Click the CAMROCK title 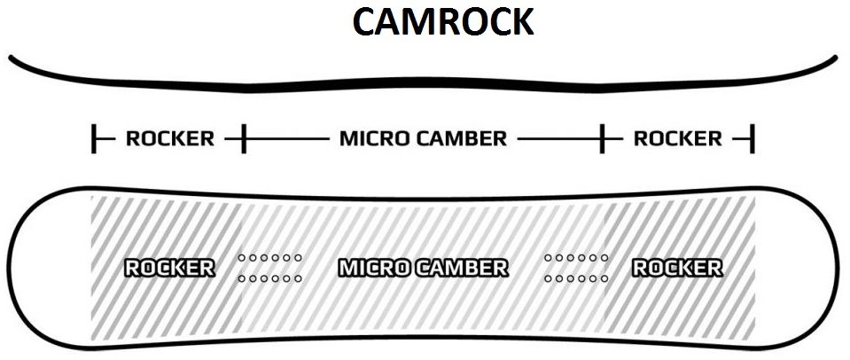pos(442,22)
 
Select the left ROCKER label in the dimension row pos(169,139)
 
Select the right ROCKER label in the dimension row pos(677,139)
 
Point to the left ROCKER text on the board pos(169,268)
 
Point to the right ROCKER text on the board pos(677,268)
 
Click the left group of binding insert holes pos(269,268)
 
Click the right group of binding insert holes pos(576,268)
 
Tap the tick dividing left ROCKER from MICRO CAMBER pos(244,139)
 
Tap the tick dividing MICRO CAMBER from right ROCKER pos(603,139)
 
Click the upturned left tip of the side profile pos(12,59)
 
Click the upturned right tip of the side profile pos(833,59)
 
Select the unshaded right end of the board pos(793,268)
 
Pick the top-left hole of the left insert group pos(241,258)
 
